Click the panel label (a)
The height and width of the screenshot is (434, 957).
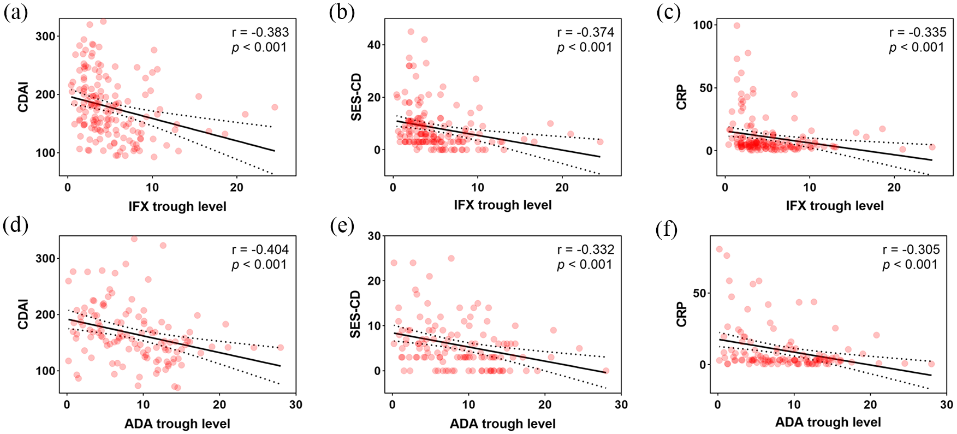[15, 12]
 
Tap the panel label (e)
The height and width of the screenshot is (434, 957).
[342, 225]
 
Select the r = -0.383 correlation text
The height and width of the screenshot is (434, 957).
[260, 33]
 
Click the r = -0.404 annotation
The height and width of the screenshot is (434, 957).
[260, 250]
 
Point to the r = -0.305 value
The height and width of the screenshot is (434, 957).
[911, 250]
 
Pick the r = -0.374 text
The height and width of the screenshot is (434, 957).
[586, 33]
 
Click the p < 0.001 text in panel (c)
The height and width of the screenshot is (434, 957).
[917, 47]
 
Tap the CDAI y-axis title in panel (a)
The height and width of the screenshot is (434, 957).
[23, 97]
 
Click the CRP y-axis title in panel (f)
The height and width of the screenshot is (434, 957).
[681, 314]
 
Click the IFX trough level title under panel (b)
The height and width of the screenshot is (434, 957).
[503, 205]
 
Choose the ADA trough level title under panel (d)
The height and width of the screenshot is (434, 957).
[177, 424]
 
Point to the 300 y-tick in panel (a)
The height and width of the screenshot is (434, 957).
[45, 36]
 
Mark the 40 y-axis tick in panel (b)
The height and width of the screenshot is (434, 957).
[374, 45]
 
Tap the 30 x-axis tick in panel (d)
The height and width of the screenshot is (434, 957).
[296, 405]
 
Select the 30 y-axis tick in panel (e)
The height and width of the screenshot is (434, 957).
[374, 236]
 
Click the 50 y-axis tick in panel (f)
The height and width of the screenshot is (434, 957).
[699, 293]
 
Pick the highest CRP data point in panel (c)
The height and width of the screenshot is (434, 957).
[736, 26]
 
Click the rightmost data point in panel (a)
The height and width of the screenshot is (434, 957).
[275, 107]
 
